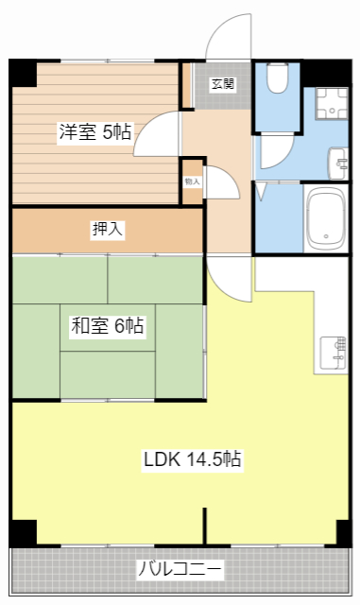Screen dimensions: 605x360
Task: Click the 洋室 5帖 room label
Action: [x=94, y=132]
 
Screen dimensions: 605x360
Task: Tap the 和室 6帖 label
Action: [x=107, y=327]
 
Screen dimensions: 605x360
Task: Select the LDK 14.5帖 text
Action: [x=193, y=460]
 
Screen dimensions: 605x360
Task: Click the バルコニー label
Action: [x=180, y=569]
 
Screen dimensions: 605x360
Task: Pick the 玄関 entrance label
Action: [x=223, y=84]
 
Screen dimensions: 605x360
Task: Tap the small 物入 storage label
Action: [x=192, y=180]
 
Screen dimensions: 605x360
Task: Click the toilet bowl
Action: [x=278, y=79]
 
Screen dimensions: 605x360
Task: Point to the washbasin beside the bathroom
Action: [x=337, y=162]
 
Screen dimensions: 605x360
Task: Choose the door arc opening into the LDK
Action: [x=225, y=277]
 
